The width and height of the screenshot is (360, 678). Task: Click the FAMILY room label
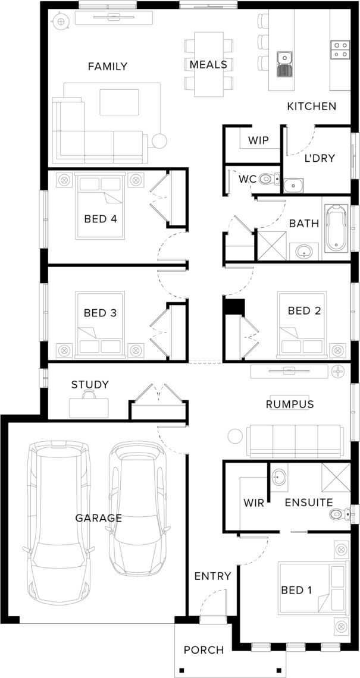click(108, 67)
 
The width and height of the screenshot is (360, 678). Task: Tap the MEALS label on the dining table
click(208, 65)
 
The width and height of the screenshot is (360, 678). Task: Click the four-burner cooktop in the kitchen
click(340, 49)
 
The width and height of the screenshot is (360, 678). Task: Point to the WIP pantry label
click(259, 140)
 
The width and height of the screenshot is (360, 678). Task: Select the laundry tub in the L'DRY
click(294, 186)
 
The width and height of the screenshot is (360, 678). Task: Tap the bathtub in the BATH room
click(337, 228)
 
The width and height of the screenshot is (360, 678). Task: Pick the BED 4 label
click(101, 219)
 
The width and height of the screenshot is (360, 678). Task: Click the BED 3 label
click(101, 313)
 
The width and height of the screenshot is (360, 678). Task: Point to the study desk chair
click(89, 394)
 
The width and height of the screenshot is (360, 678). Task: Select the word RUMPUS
click(289, 404)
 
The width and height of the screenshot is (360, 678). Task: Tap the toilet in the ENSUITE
click(340, 514)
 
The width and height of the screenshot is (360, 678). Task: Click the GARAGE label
click(99, 517)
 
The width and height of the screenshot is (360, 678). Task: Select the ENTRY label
click(212, 576)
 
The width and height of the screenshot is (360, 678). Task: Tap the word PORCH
click(204, 650)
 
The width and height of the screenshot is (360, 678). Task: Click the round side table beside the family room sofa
click(159, 140)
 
